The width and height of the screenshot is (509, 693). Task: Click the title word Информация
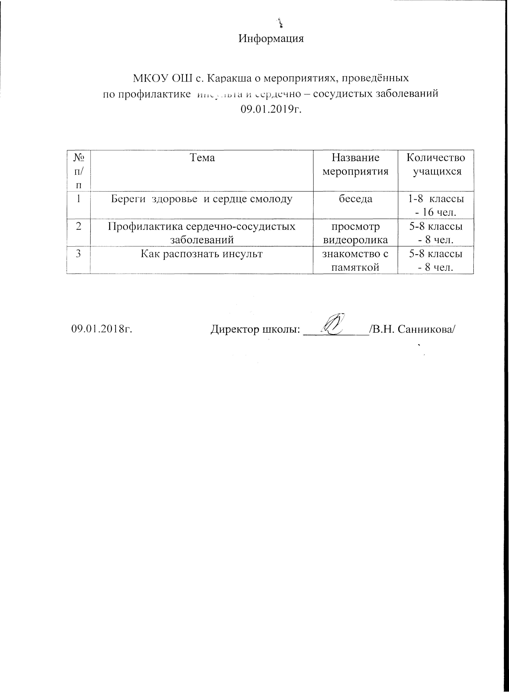coord(271,39)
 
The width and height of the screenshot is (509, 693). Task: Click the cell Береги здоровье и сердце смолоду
coord(202,199)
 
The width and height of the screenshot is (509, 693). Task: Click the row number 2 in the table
coord(79,226)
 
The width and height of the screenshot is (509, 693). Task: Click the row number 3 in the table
coord(79,254)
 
